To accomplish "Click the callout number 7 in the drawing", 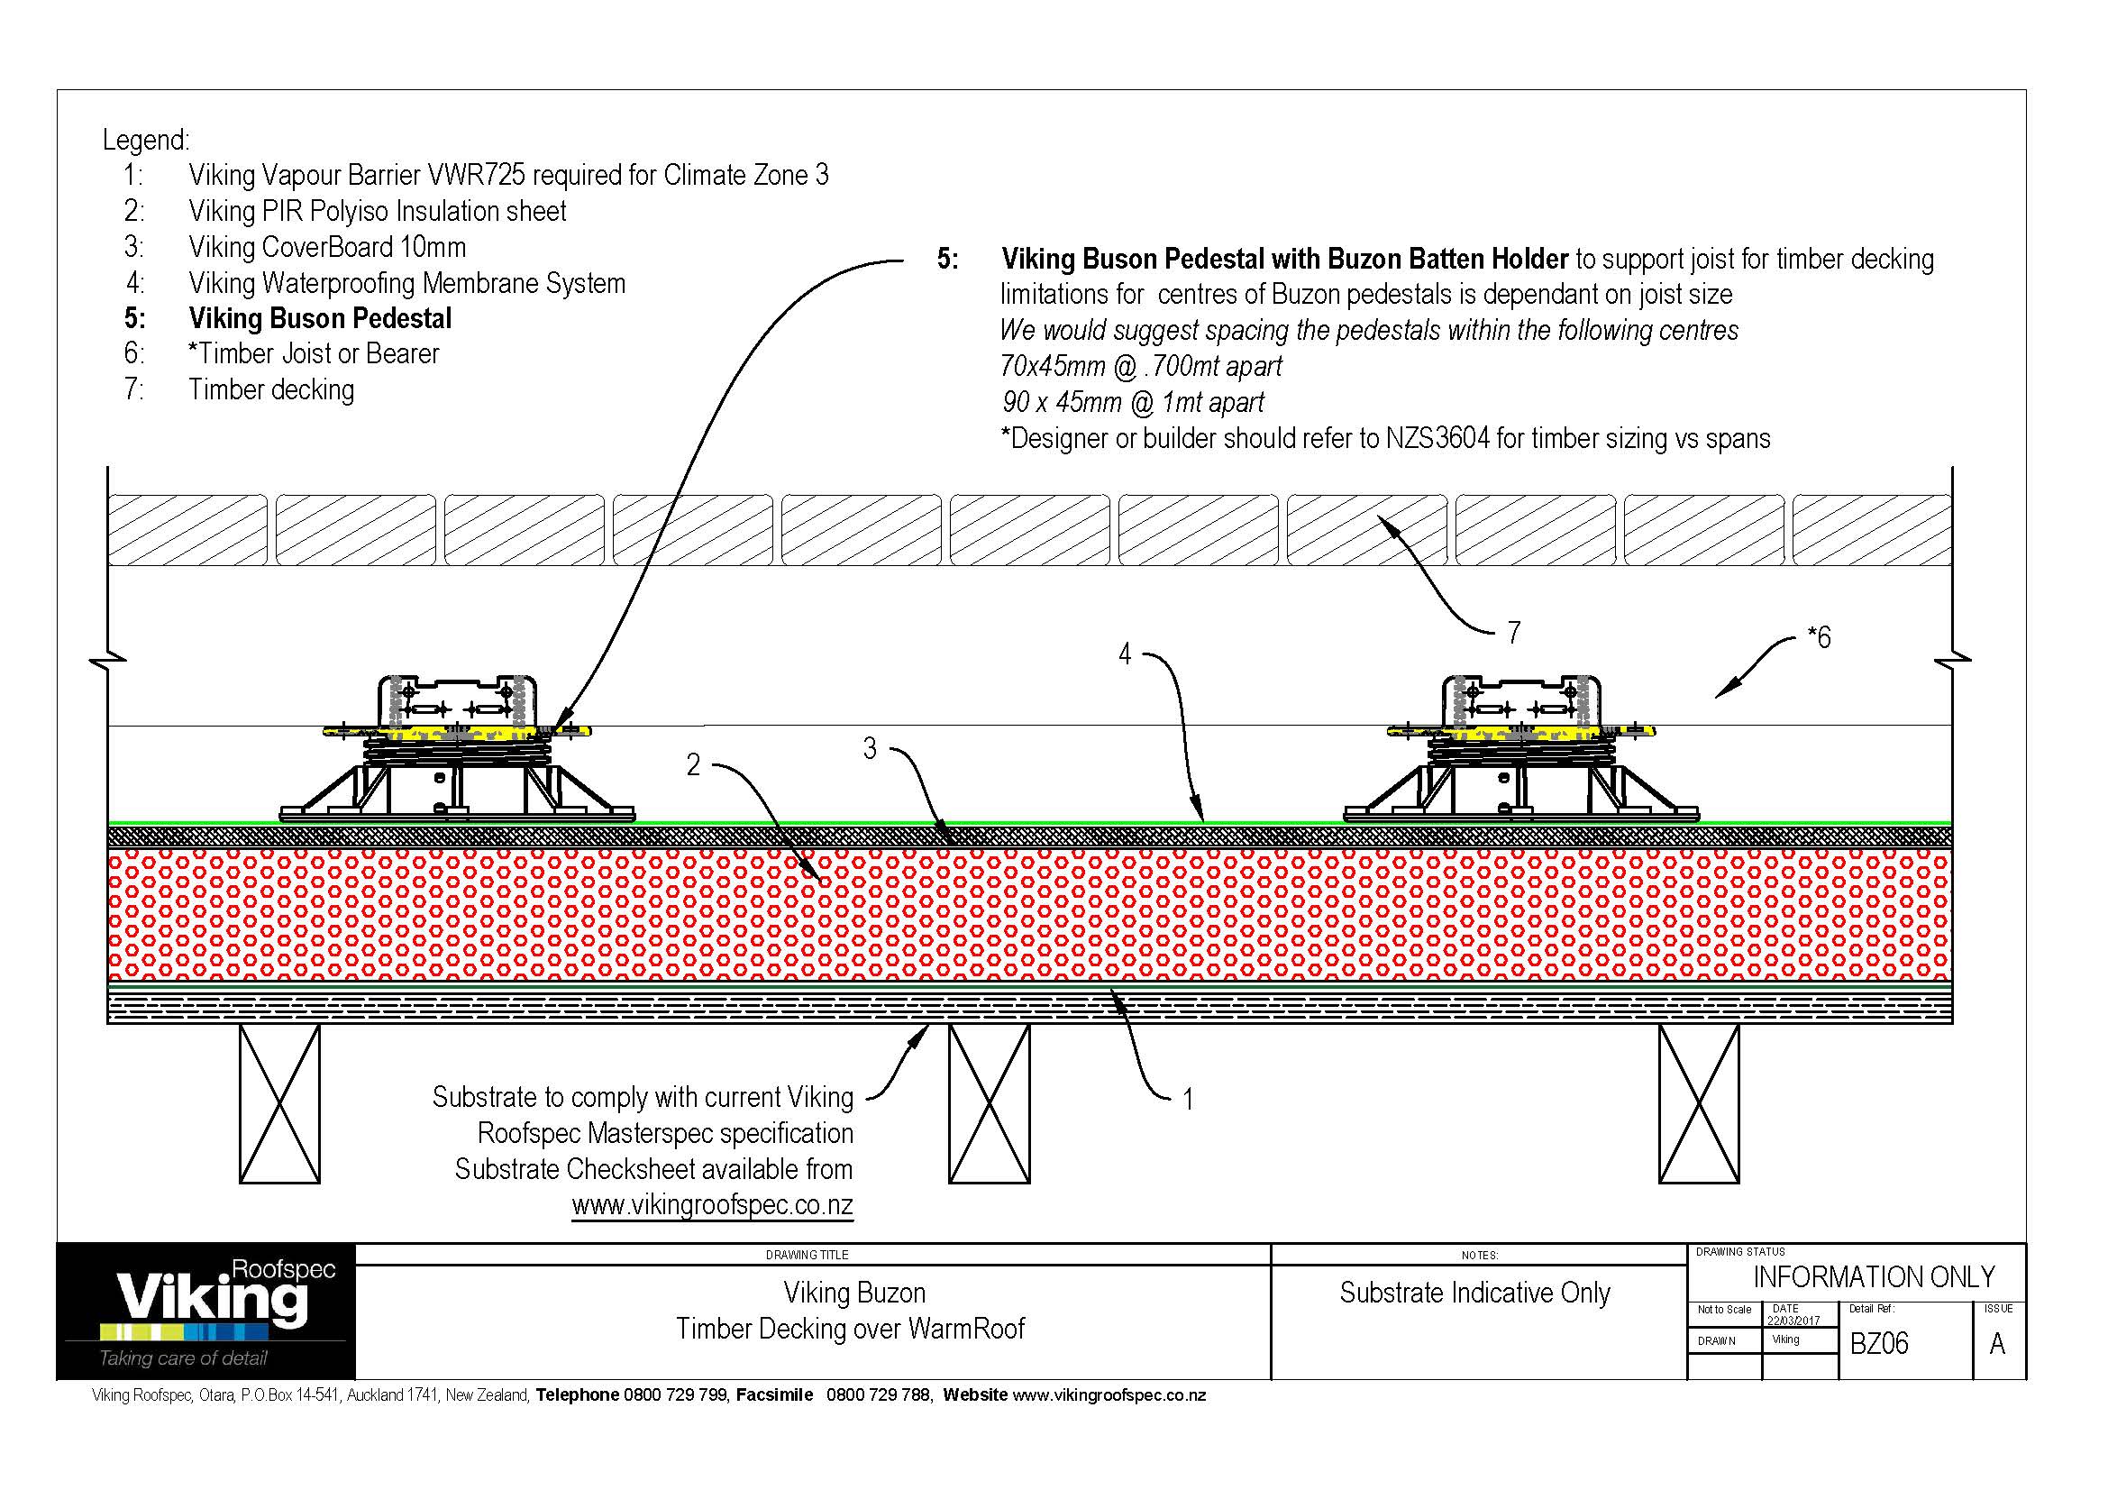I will click(x=1513, y=632).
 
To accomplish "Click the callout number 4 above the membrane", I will click(x=1125, y=654).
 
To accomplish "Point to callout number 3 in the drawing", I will click(x=870, y=748).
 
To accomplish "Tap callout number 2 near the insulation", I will click(x=693, y=763).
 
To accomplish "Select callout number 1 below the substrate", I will click(x=1187, y=1099).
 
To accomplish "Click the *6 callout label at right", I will click(x=1818, y=637).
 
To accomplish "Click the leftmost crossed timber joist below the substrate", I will click(x=279, y=1103).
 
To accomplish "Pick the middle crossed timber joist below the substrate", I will click(x=989, y=1103).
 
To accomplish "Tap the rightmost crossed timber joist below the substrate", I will click(x=1699, y=1103).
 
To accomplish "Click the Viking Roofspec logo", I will click(x=205, y=1311).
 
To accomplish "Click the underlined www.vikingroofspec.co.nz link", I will click(x=713, y=1205).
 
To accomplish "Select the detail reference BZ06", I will click(x=1878, y=1344).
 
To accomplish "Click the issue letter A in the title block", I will click(x=1997, y=1344).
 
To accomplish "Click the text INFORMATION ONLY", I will click(x=1874, y=1277).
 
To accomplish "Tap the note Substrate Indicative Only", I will click(x=1474, y=1293).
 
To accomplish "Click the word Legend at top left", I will click(x=146, y=141).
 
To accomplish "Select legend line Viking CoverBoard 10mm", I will click(x=327, y=247).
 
